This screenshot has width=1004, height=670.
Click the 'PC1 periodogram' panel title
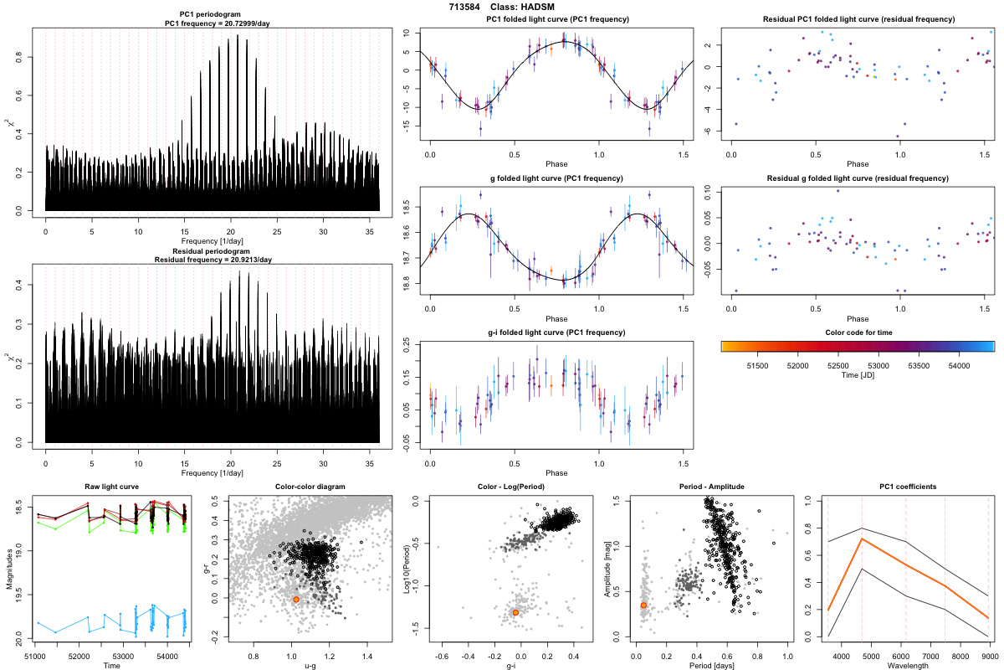[212, 17]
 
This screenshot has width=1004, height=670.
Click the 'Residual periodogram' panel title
[212, 251]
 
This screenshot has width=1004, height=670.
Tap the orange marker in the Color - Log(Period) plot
[515, 612]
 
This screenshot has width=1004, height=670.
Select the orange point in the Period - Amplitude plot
[643, 605]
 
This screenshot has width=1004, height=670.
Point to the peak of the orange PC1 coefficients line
[862, 539]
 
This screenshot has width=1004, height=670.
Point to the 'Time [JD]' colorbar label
[858, 377]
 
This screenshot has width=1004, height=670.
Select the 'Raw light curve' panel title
[111, 487]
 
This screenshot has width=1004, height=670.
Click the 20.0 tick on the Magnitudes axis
[22, 642]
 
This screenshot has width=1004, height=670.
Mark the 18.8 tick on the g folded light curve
[407, 285]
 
